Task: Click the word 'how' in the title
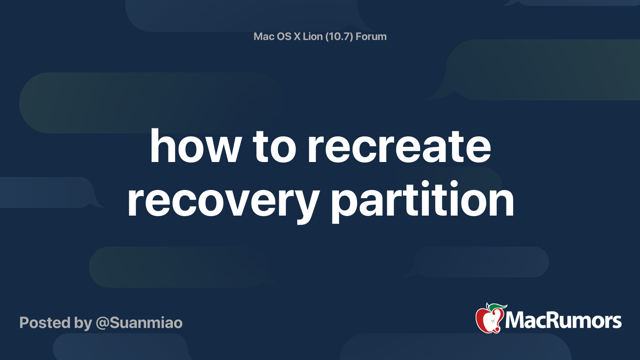196,147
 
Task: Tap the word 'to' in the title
274,147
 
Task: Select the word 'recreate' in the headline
399,147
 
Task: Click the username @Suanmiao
139,323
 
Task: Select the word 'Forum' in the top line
371,36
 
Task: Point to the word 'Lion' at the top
312,36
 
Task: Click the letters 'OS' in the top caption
284,36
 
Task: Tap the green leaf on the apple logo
497,307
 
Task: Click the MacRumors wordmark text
563,321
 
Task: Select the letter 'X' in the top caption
297,36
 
